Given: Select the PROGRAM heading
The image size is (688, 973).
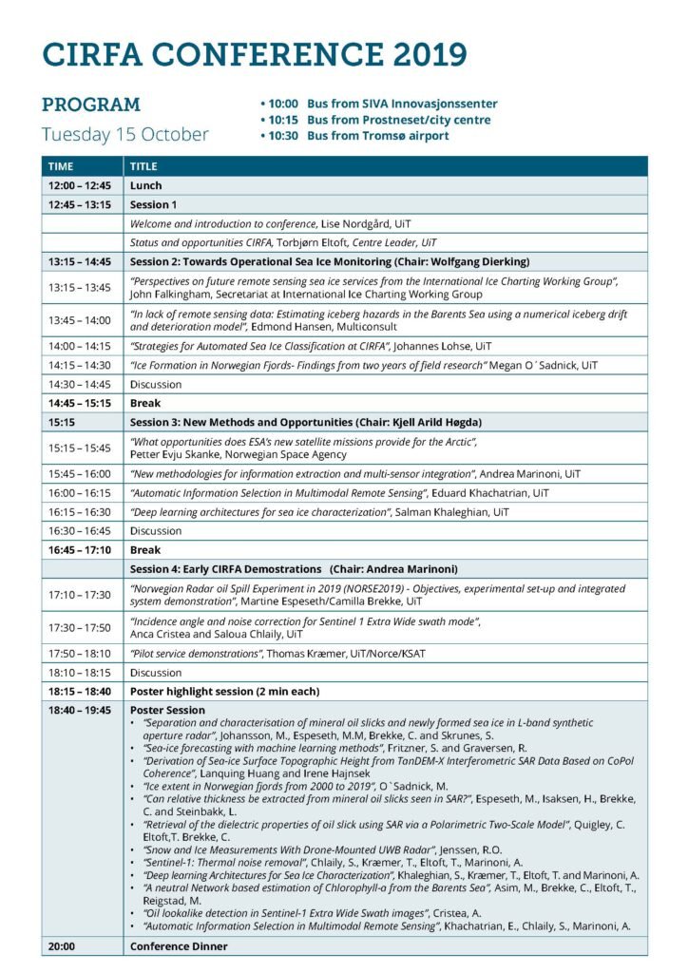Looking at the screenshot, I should pyautogui.click(x=91, y=105).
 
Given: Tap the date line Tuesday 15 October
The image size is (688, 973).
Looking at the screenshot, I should pyautogui.click(x=124, y=134).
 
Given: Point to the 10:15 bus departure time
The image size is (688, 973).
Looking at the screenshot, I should pyautogui.click(x=282, y=120).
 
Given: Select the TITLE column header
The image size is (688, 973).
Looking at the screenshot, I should pyautogui.click(x=143, y=166).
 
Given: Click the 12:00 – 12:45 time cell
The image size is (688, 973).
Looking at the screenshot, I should pyautogui.click(x=80, y=185).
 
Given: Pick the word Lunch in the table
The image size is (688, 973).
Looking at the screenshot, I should pyautogui.click(x=146, y=185).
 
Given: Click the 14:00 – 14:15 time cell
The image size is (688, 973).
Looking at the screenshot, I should pyautogui.click(x=80, y=346).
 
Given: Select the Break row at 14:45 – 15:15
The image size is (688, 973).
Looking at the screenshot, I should pyautogui.click(x=145, y=403).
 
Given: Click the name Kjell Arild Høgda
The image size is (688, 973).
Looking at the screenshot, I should pyautogui.click(x=418, y=421).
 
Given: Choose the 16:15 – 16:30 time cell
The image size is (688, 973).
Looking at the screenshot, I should pyautogui.click(x=80, y=511).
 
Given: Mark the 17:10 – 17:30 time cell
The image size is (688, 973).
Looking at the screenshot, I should pyautogui.click(x=80, y=595).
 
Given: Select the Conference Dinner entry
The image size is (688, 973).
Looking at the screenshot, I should pyautogui.click(x=179, y=946).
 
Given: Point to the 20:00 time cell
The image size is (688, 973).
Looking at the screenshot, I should pyautogui.click(x=62, y=946).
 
